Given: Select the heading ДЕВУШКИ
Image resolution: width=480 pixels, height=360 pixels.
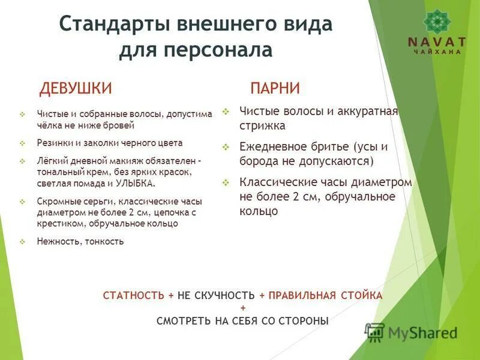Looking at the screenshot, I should pos(76,88).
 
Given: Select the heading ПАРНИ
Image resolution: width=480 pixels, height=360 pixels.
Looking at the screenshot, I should pos(275,88).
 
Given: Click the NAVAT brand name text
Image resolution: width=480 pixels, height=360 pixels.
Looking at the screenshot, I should pos(436,42).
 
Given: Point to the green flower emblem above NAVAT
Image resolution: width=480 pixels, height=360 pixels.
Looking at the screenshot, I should pos(436,21).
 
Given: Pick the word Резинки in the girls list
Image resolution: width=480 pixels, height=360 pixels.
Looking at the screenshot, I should pos(52,143).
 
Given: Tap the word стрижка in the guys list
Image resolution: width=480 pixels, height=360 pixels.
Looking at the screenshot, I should pos(262,126).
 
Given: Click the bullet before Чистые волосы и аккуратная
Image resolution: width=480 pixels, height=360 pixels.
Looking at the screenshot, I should pos(226,111).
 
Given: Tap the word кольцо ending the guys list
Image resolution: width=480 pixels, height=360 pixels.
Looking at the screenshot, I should pos(259,211).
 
